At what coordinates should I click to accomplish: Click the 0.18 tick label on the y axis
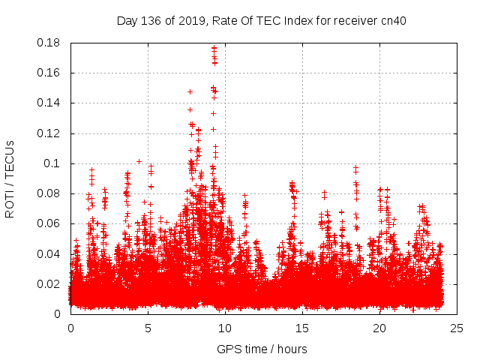pos(50,43)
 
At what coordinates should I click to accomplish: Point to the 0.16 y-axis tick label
pos(50,73)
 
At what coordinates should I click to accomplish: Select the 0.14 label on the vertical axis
pos(50,103)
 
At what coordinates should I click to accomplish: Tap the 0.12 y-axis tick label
pos(50,133)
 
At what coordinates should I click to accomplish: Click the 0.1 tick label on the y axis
pos(53,163)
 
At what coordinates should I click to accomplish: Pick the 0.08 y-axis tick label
pos(50,193)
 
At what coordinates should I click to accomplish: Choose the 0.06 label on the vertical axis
pos(50,223)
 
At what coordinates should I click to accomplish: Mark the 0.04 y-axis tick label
pos(50,253)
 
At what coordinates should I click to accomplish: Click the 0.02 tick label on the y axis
pos(50,283)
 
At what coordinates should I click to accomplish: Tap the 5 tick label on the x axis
pos(148,328)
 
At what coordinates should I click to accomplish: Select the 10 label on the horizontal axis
pos(225,328)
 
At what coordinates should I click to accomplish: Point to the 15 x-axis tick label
pos(302,328)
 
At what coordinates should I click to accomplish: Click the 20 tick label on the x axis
pos(379,328)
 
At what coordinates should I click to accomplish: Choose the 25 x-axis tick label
pos(457,328)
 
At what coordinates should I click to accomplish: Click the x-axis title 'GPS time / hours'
pos(262,349)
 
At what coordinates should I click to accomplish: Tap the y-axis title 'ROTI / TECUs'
pos(10,178)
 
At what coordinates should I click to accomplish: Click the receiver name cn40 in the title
pos(393,21)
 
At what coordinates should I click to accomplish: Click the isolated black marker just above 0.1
pos(139,161)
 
